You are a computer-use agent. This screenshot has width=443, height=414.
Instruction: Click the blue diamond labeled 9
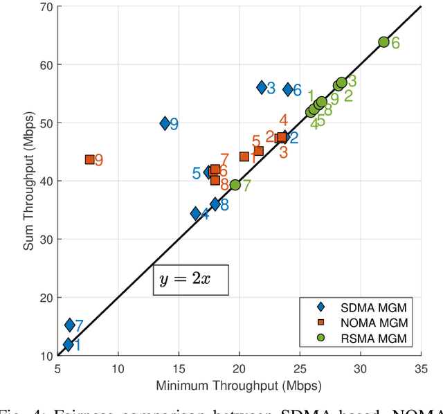165,123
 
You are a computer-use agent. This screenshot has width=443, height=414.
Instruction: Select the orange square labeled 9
90,159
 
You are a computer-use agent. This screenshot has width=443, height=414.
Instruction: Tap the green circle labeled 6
383,42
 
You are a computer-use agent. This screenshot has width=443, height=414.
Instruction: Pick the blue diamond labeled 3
262,87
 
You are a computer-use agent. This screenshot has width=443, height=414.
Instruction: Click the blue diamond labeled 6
288,89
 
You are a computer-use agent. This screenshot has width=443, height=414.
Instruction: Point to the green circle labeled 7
235,185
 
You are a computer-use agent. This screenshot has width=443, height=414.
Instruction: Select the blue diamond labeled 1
68,344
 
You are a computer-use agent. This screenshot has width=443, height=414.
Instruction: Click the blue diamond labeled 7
70,325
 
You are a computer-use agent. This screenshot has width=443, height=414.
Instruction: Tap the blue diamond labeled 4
196,214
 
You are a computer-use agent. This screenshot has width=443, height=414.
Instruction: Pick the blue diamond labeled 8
215,204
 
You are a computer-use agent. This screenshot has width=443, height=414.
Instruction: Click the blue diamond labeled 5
208,172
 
